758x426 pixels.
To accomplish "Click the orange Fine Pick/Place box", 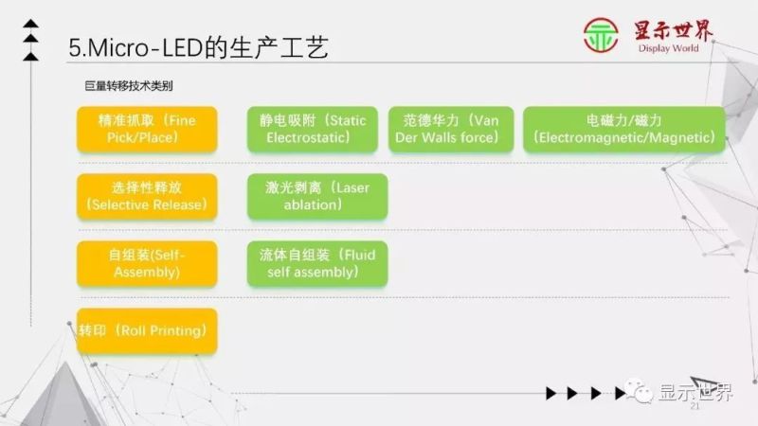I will [x=146, y=129].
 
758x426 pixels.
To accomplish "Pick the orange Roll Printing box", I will [x=146, y=330].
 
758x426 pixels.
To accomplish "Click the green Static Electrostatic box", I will [x=313, y=129].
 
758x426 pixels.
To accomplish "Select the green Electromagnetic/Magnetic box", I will [x=623, y=129].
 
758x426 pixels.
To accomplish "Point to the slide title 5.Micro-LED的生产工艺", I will [x=199, y=47].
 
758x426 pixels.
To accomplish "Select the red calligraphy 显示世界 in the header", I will [x=675, y=29].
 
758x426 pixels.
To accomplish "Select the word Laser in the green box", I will [x=352, y=187].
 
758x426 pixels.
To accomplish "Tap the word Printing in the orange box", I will [x=174, y=330].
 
